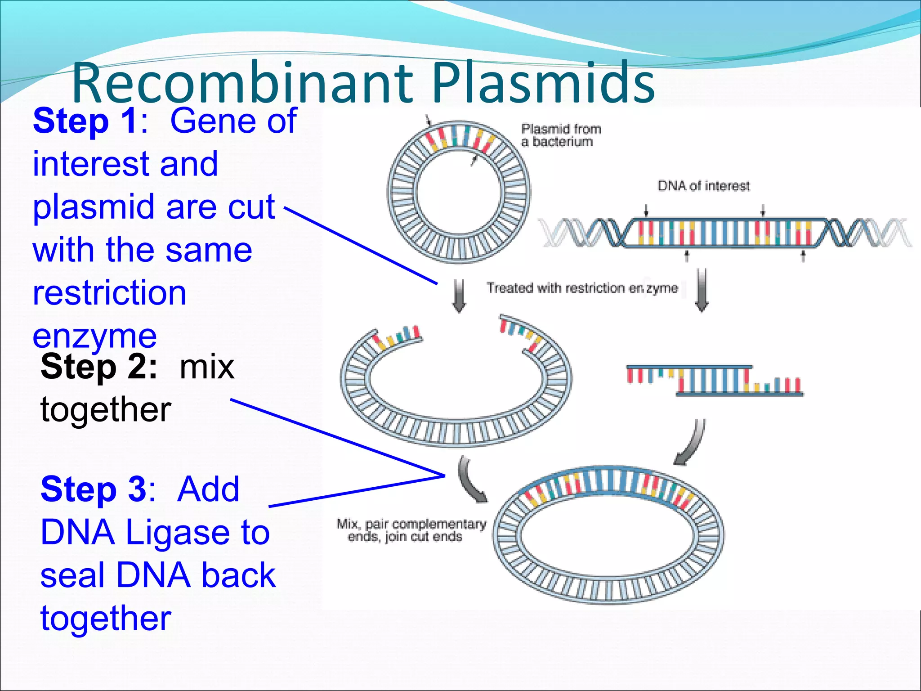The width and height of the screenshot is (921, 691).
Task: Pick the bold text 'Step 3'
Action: click(x=94, y=489)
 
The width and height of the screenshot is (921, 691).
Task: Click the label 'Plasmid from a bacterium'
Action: click(x=560, y=135)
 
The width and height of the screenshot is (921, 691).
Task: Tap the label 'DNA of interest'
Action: click(x=703, y=186)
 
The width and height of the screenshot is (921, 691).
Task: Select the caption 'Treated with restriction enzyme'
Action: click(x=582, y=288)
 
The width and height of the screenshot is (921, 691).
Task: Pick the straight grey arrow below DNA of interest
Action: click(x=702, y=290)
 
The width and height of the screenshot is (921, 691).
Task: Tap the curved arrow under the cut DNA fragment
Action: click(x=691, y=443)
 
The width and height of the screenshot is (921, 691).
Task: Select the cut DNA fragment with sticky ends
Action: click(x=715, y=381)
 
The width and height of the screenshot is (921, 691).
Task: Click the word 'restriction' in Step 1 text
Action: click(x=109, y=293)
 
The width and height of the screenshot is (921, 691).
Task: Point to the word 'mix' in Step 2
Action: click(x=207, y=367)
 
